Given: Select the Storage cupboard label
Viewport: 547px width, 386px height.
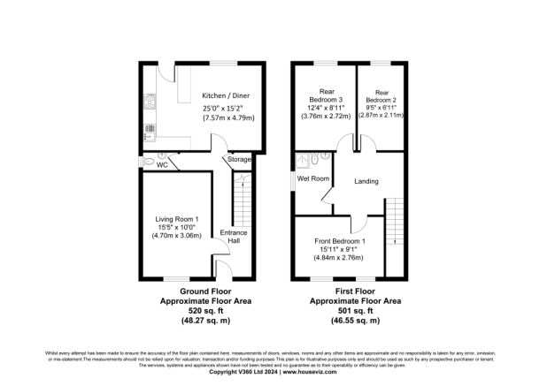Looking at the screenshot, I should [x=240, y=159].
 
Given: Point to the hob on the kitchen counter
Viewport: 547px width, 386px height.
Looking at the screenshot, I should [x=149, y=102].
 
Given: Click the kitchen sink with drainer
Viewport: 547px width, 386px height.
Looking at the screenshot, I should [x=148, y=132].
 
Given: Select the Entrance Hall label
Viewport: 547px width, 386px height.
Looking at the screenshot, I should [x=235, y=236].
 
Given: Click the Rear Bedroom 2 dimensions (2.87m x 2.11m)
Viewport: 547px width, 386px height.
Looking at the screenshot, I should [x=381, y=115].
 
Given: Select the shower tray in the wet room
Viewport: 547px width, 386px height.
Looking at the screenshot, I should [x=306, y=159].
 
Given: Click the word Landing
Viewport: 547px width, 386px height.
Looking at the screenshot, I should [x=366, y=182].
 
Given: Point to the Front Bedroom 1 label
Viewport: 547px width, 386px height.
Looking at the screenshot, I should [x=341, y=240].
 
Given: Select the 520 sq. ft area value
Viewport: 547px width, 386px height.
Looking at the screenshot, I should [x=192, y=311].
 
